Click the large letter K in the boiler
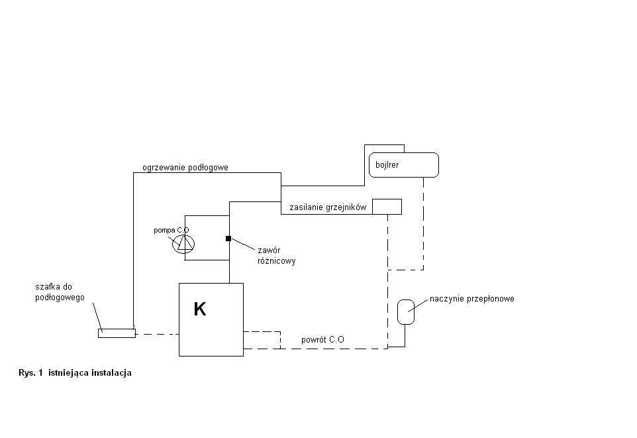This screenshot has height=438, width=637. tap(200, 309)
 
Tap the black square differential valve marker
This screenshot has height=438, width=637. tap(228, 239)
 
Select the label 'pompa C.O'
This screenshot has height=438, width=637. tap(171, 230)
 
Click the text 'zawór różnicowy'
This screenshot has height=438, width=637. tap(276, 255)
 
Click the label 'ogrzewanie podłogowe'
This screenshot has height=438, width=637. tap(185, 168)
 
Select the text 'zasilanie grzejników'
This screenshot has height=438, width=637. tap(328, 207)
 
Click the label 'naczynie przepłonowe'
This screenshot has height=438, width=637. tap(472, 299)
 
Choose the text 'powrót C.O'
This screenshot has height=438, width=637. tap(322, 339)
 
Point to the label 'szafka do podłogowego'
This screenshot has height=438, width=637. tap(60, 292)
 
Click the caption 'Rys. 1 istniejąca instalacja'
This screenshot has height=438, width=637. tap(75, 372)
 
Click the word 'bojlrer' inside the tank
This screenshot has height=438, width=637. tap(387, 165)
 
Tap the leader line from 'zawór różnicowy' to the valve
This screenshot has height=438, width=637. tap(243, 245)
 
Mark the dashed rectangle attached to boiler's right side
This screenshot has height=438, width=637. tap(280, 340)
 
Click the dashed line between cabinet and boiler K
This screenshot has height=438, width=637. tap(157, 334)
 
